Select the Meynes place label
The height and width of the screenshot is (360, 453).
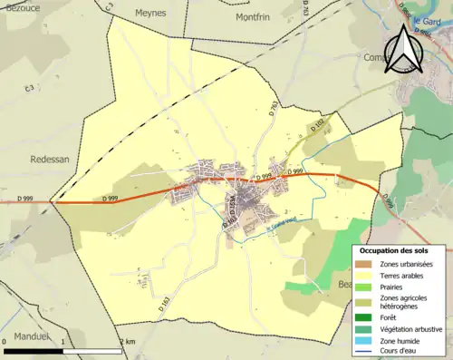tap(150, 14)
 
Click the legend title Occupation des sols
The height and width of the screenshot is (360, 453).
tap(400, 250)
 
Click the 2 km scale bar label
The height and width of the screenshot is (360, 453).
tap(128, 341)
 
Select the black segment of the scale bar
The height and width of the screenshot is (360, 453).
tap(34, 350)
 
